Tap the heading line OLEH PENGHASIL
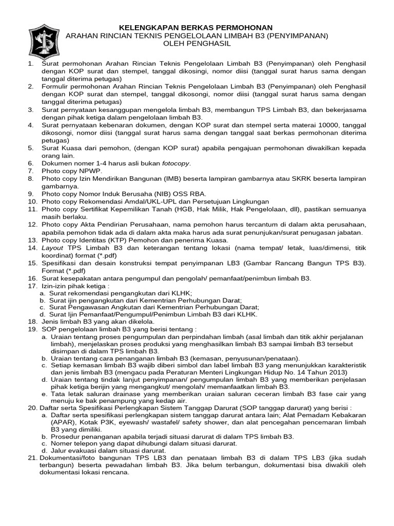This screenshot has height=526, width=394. [x=198, y=44]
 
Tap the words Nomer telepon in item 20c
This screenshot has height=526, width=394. [x=73, y=444]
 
